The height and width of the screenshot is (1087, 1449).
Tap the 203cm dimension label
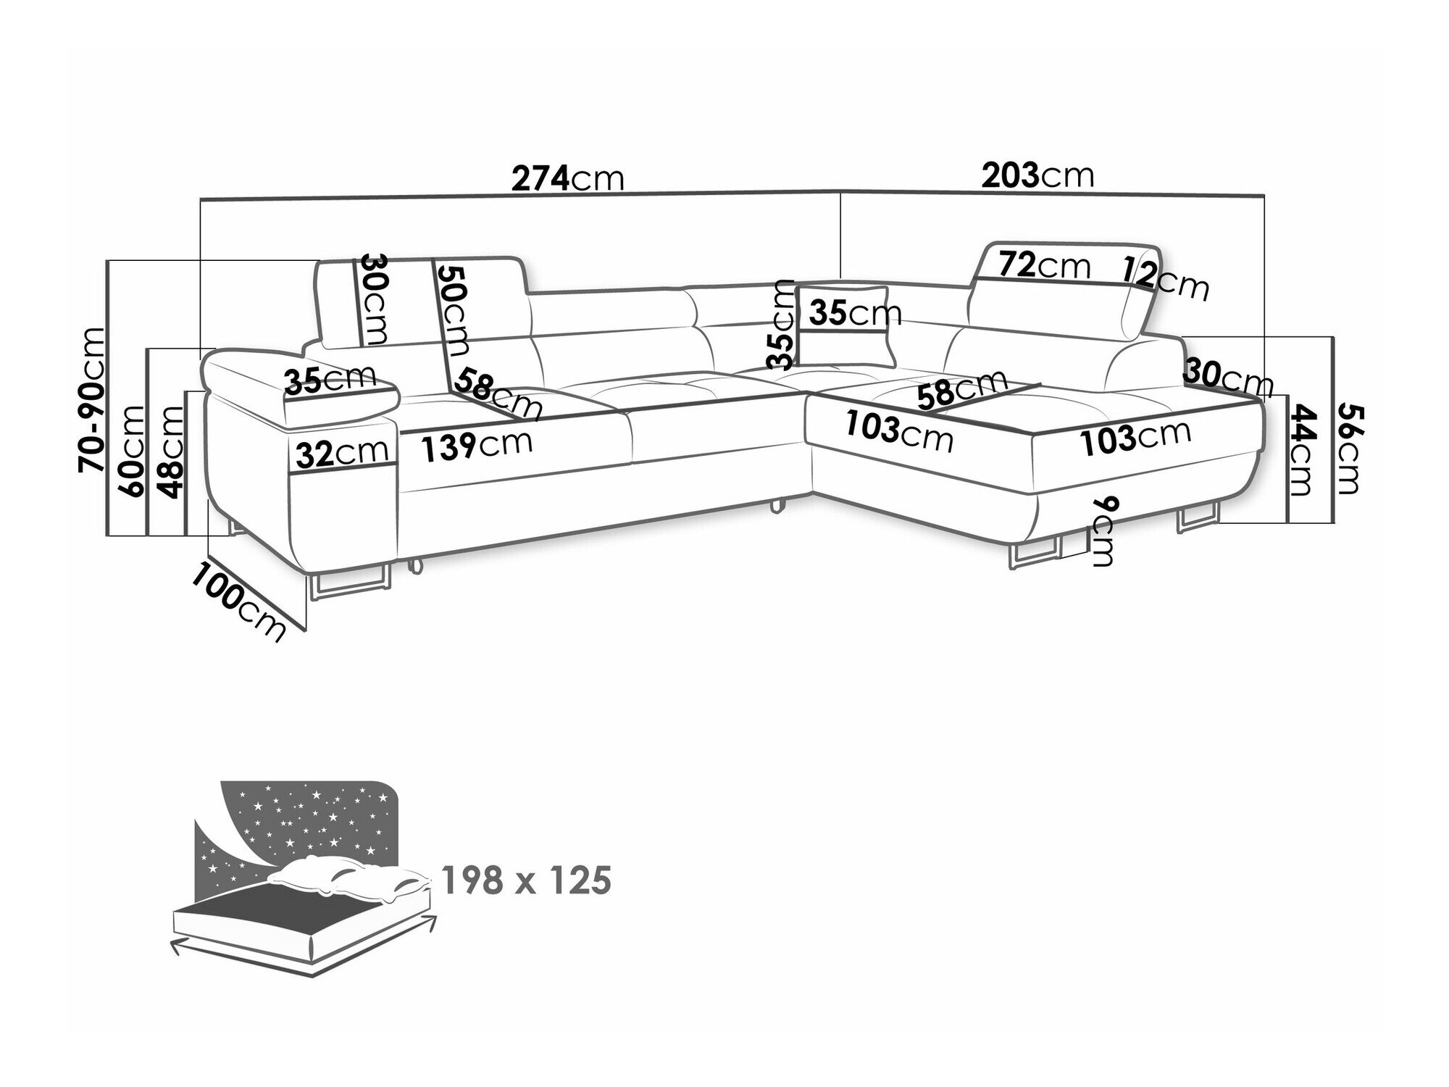(1037, 175)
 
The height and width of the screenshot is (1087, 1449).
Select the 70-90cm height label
(93, 399)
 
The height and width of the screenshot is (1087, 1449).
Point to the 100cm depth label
(238, 601)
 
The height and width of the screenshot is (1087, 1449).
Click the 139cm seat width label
(477, 443)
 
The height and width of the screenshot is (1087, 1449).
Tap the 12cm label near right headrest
(1166, 278)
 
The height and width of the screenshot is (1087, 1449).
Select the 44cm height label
(1302, 449)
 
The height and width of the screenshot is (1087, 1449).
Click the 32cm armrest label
(341, 454)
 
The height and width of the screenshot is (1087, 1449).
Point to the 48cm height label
(172, 453)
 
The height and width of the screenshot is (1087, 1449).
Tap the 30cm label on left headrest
(374, 299)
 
